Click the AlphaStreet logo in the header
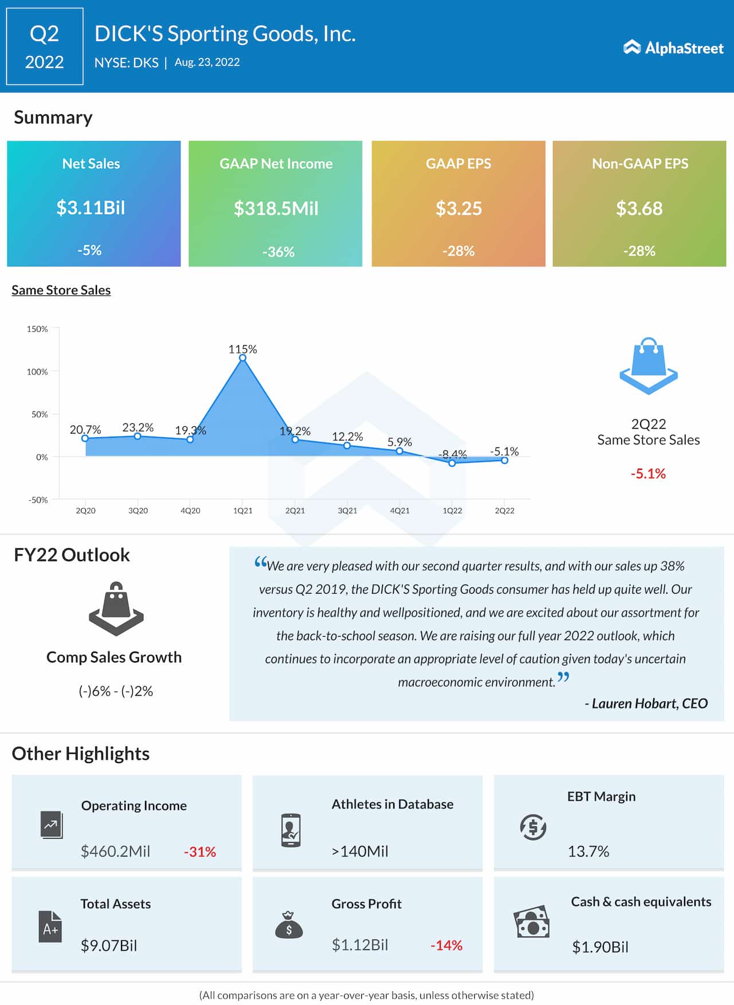(x=673, y=48)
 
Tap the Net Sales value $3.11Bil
(x=91, y=208)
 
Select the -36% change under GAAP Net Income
(x=278, y=252)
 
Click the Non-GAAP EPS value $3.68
(x=639, y=208)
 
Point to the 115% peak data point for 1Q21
(x=243, y=358)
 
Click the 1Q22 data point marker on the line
(x=452, y=463)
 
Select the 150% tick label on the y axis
(x=37, y=329)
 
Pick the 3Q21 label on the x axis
(x=348, y=511)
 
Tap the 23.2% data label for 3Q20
(x=138, y=427)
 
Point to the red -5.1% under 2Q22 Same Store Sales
(x=648, y=474)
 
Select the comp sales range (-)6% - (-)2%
(x=116, y=691)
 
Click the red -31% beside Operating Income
(x=200, y=852)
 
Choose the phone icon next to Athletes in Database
(x=291, y=830)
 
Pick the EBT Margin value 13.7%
(x=588, y=851)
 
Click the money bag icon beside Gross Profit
(x=289, y=925)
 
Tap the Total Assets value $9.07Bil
(x=109, y=945)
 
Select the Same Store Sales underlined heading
(x=61, y=290)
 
